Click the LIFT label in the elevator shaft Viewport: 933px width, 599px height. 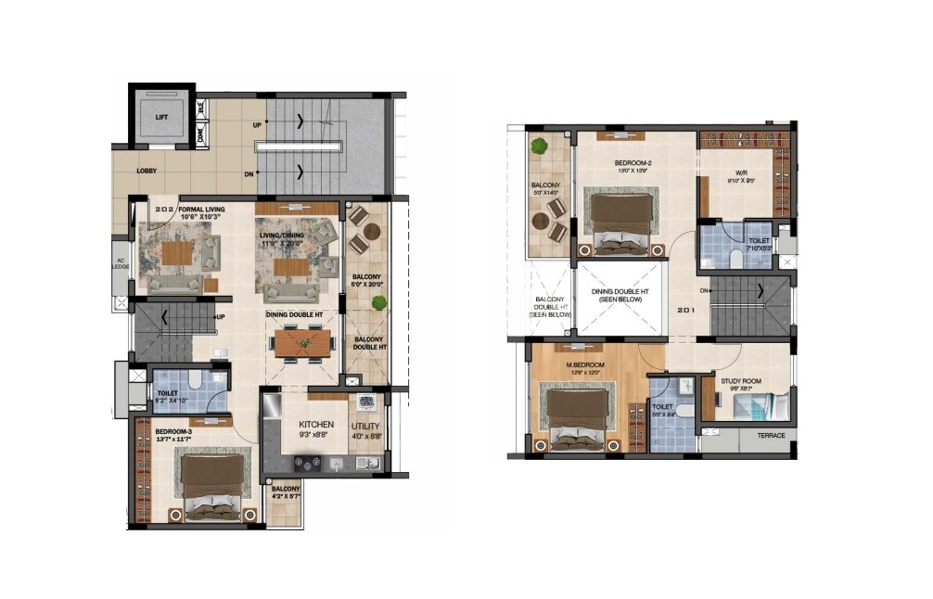click(162, 118)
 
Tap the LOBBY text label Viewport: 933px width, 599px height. click(147, 172)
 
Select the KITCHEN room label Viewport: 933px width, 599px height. click(316, 425)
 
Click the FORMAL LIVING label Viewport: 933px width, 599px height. click(202, 210)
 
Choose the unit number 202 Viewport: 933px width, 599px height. click(165, 210)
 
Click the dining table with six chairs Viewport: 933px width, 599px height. click(302, 344)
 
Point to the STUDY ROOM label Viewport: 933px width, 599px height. click(743, 380)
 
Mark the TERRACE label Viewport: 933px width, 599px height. click(770, 436)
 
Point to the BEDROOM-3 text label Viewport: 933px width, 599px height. click(173, 432)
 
